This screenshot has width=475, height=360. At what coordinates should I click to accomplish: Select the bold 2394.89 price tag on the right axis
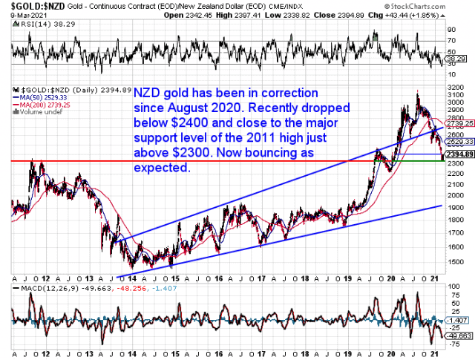[x=459, y=154]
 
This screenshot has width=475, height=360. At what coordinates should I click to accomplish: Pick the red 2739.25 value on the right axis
[x=460, y=123]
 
